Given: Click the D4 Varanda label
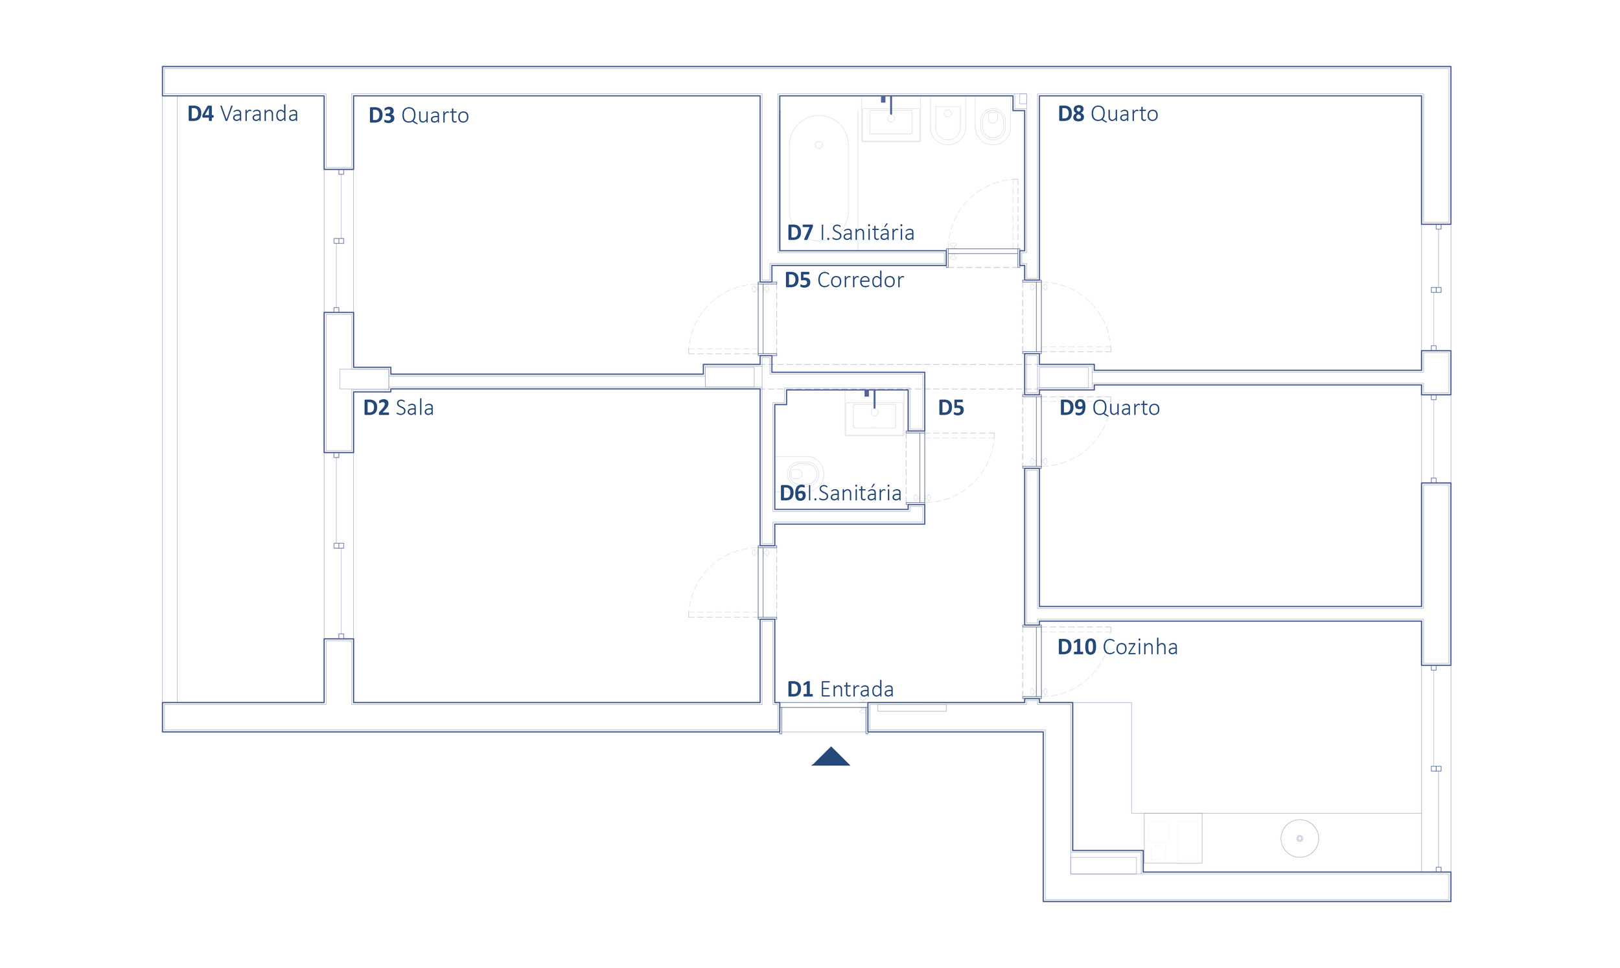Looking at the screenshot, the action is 242,113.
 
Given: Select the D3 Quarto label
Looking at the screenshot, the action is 419,115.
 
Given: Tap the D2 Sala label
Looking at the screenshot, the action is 399,408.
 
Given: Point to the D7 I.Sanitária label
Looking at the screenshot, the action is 850,232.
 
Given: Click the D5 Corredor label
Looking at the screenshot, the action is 844,280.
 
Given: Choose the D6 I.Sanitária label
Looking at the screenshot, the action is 840,493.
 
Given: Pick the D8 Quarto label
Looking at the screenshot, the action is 1108,113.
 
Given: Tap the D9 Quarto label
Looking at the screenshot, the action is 1109,408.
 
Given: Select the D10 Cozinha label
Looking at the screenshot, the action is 1118,647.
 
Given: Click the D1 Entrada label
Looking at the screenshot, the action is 840,689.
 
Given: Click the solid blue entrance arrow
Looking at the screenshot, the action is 831,757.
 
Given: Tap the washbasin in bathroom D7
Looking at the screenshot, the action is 891,119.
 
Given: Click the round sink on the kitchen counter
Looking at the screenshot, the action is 1300,839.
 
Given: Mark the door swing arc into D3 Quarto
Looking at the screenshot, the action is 710,304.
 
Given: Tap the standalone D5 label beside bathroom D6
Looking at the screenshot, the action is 951,408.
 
